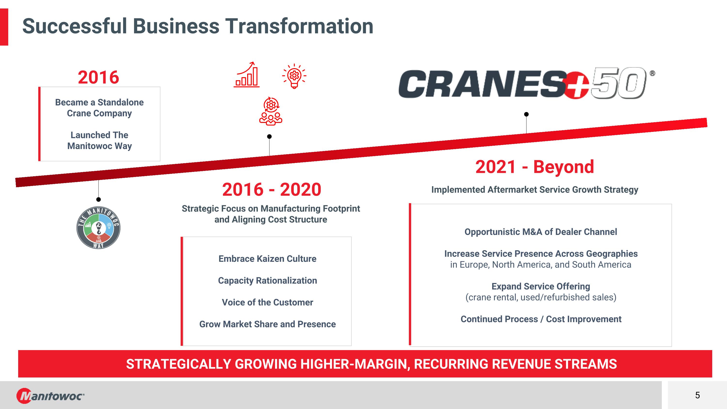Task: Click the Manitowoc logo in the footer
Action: click(50, 396)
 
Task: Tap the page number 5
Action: click(697, 395)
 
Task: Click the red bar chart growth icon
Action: click(246, 74)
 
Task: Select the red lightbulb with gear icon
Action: click(294, 76)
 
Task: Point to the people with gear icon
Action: click(271, 111)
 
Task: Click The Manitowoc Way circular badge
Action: click(98, 227)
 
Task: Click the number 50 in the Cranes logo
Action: click(618, 83)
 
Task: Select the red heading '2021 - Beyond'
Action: click(535, 167)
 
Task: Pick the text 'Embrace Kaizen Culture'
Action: click(267, 258)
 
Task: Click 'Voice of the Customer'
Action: click(267, 302)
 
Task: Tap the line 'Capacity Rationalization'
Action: click(267, 281)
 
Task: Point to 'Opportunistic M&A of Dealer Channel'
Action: click(541, 232)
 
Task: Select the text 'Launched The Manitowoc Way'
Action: click(99, 141)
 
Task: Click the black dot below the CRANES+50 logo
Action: click(526, 114)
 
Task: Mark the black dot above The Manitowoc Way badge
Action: click(98, 200)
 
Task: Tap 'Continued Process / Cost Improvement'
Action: click(541, 319)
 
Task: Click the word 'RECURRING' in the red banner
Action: click(451, 364)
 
